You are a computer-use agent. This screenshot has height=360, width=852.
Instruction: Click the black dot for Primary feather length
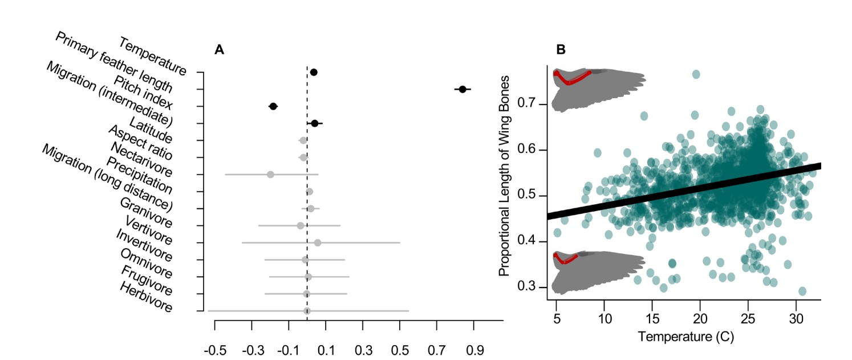pyautogui.click(x=462, y=89)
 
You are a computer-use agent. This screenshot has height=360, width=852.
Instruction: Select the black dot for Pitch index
pyautogui.click(x=273, y=106)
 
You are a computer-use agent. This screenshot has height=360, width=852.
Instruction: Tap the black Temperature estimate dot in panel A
pyautogui.click(x=314, y=72)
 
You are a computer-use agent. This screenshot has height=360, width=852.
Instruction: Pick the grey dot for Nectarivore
pyautogui.click(x=270, y=174)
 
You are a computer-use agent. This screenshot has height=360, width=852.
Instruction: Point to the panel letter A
pyautogui.click(x=219, y=50)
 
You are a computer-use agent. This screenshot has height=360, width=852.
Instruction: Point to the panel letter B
pyautogui.click(x=561, y=50)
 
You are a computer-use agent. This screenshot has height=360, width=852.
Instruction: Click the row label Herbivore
pyautogui.click(x=146, y=296)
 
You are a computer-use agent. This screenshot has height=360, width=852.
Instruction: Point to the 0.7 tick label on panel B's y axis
pyautogui.click(x=529, y=104)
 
